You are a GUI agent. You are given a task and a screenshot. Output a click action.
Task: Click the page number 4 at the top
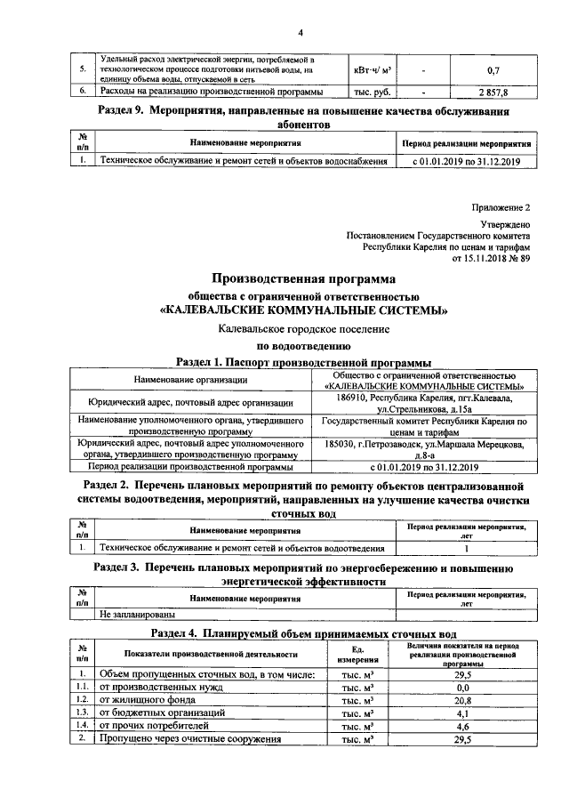tap(300, 33)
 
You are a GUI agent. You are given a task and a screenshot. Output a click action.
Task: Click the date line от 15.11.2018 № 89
tap(491, 259)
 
